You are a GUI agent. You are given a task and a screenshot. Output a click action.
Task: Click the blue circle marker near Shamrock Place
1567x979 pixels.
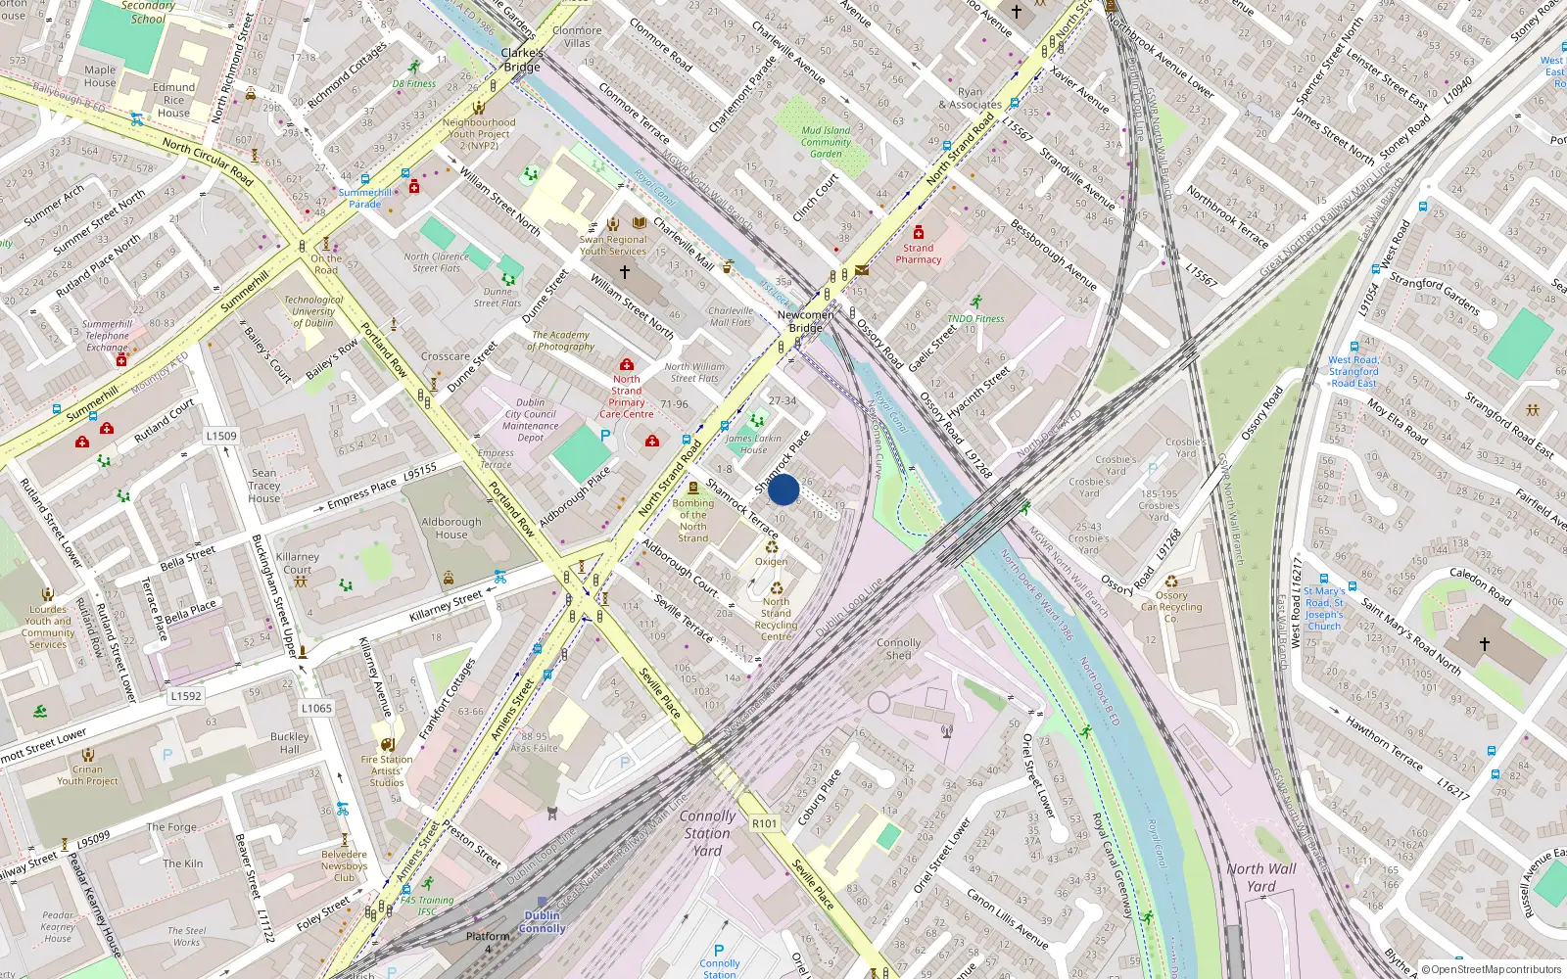click(x=783, y=489)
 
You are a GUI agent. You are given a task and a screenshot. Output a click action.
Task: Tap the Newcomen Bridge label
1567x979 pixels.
click(x=806, y=321)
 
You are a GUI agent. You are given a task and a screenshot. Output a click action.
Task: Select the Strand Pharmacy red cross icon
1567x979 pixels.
click(x=918, y=233)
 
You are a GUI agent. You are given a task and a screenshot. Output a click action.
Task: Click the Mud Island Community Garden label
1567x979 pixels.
click(x=826, y=142)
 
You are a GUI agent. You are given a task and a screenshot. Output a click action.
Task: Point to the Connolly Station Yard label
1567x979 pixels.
click(x=707, y=833)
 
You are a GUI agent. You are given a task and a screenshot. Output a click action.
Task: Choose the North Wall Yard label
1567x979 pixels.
click(x=1260, y=877)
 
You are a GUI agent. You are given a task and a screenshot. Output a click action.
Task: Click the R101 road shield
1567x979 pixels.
click(x=765, y=823)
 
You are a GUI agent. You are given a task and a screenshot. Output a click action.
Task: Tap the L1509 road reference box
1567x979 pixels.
click(x=221, y=436)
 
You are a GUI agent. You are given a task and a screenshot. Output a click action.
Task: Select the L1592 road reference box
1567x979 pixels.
click(x=186, y=696)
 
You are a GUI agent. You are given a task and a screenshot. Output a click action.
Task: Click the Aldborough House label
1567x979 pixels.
click(x=451, y=529)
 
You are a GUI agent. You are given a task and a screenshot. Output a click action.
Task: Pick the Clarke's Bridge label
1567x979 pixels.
click(x=522, y=60)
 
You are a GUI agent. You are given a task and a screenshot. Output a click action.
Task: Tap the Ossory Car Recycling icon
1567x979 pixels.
click(x=1171, y=582)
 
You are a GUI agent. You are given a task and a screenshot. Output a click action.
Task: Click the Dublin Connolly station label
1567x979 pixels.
click(x=542, y=922)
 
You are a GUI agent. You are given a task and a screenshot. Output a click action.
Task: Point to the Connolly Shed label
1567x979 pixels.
click(x=898, y=649)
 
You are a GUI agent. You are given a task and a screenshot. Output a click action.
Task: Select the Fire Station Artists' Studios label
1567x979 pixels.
click(x=387, y=770)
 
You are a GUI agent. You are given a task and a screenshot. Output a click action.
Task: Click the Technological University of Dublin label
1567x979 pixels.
click(x=313, y=311)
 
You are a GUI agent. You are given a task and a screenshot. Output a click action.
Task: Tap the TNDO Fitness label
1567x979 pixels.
click(x=975, y=318)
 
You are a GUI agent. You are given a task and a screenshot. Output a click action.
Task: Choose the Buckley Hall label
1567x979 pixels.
click(x=289, y=743)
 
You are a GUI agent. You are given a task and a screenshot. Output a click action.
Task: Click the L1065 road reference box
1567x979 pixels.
click(x=316, y=708)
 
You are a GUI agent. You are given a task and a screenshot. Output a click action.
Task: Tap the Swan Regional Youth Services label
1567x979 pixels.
click(x=613, y=245)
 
